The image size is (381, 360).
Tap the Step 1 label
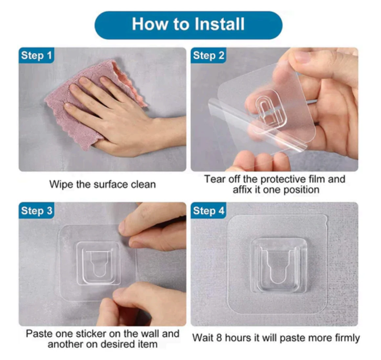[36, 55]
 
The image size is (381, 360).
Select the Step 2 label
[209, 55]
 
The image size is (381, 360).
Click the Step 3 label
[36, 210]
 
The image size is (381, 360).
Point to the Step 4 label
[209, 210]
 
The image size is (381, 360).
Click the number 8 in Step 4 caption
[219, 338]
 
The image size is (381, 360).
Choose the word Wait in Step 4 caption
[203, 338]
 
